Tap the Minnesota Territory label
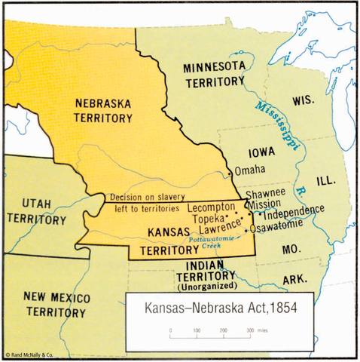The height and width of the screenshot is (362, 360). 213,74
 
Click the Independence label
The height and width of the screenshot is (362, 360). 294,209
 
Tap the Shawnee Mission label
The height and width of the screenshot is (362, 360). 266,198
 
